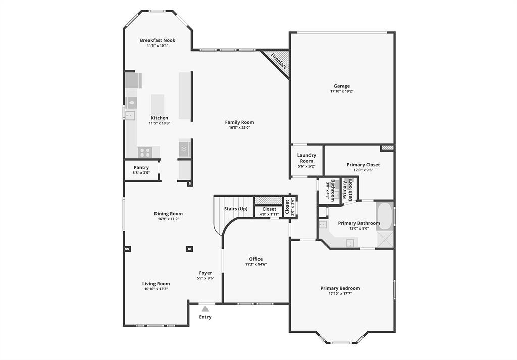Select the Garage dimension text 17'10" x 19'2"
coord(341,92)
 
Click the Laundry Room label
coord(306,158)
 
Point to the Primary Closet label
coord(363,165)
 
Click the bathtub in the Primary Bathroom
coord(385,216)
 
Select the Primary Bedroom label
coord(340,288)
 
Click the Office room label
coord(256,259)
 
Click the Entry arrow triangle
coord(205,308)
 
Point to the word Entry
coord(205,317)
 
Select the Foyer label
coord(205,273)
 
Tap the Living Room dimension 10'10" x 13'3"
coord(156,289)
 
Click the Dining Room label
coord(168,214)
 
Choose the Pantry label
coord(141,168)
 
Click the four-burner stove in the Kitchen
coord(145,151)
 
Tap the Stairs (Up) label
coord(236,209)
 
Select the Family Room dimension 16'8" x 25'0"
coord(239,128)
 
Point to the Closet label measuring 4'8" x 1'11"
coord(269,209)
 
